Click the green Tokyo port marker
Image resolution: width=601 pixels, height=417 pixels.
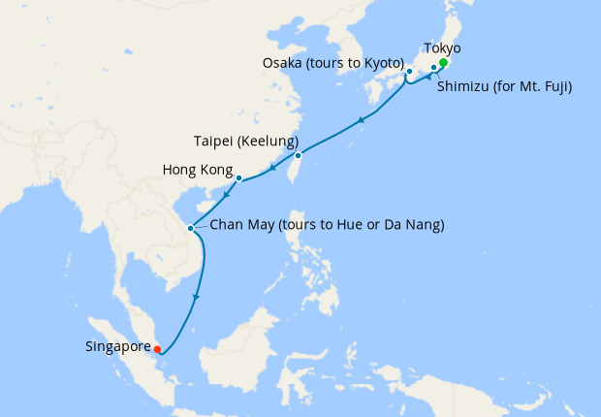coord(443,63)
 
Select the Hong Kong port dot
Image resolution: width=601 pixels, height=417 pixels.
coord(238,177)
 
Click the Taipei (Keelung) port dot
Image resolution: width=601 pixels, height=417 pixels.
coord(298,155)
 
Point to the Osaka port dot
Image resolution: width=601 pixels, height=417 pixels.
coord(409,71)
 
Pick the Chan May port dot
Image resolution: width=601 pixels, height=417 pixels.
coord(191,229)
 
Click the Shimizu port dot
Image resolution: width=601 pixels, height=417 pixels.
coord(433,68)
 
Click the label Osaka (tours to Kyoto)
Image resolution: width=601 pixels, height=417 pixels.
coord(332,63)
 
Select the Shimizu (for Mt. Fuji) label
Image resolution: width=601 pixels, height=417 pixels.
coord(504,87)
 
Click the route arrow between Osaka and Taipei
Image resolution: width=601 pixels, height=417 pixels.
coord(361,120)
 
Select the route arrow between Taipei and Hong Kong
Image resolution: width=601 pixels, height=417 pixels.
coord(274,169)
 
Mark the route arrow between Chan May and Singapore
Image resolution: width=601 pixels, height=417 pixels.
coord(198,297)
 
